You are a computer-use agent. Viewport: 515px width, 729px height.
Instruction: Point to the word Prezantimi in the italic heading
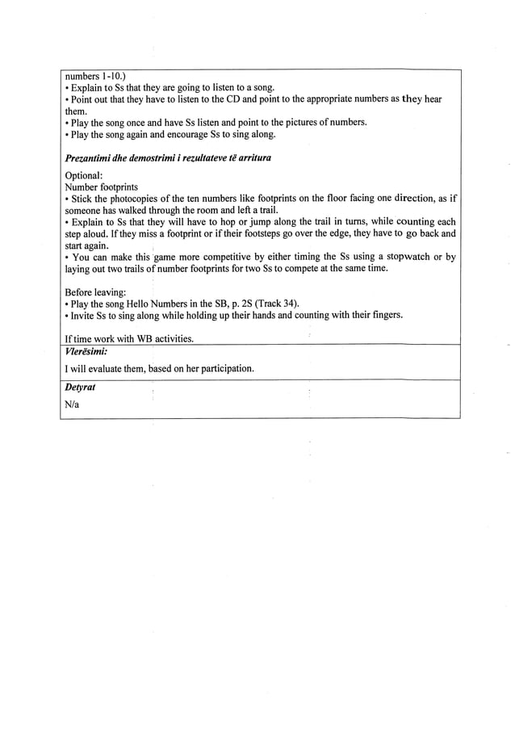tap(88, 155)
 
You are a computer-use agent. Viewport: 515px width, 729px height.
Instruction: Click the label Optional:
tap(83, 175)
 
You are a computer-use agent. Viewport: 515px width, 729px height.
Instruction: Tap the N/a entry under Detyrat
tap(72, 404)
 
